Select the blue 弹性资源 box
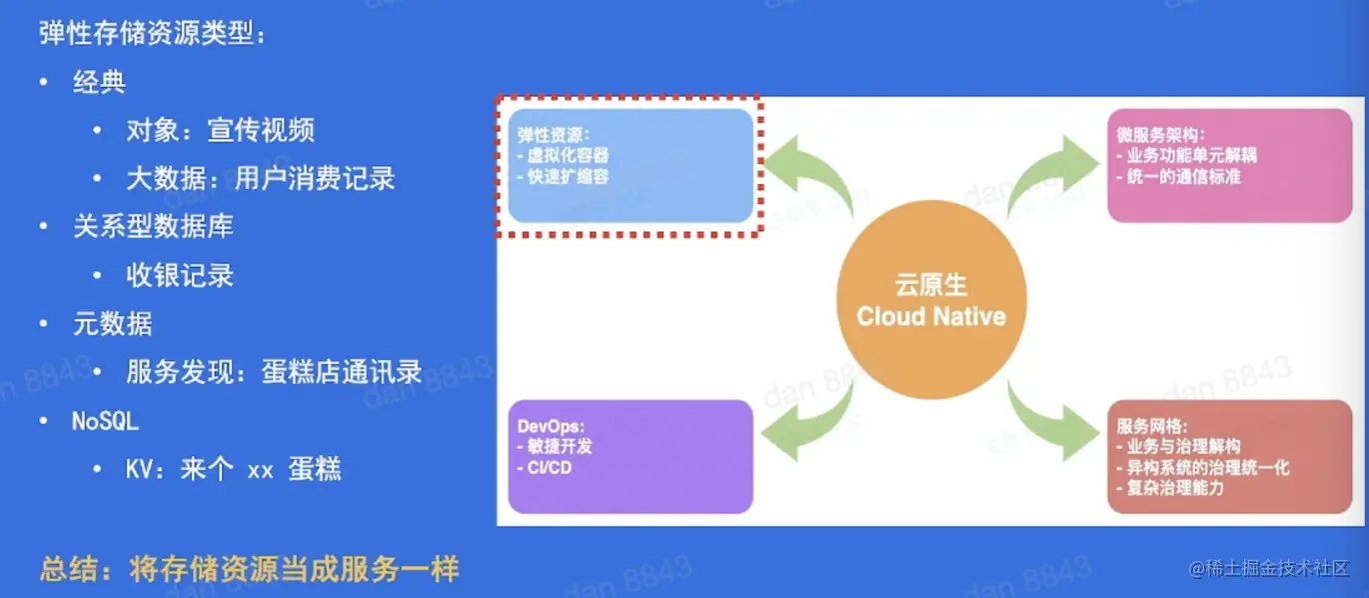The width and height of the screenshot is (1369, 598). (x=631, y=165)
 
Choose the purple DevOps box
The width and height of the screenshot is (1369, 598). (x=631, y=456)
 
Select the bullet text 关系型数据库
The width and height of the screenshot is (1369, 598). (x=153, y=227)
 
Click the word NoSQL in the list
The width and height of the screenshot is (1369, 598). (x=105, y=421)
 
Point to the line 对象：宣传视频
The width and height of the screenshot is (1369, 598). (x=221, y=130)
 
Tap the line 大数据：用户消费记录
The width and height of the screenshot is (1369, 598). (x=261, y=179)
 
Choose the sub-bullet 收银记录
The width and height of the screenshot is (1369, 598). (x=180, y=276)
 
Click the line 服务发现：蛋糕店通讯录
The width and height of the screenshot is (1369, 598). (x=274, y=373)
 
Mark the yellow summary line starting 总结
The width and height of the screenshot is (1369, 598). (x=250, y=570)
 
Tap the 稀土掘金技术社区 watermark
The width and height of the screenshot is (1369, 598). (x=1269, y=569)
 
